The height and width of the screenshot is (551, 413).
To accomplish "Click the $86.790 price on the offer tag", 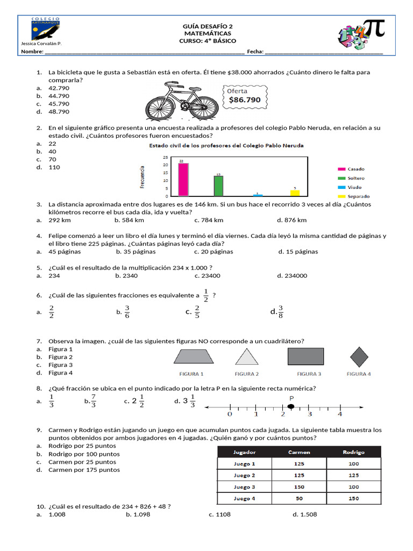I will [x=245, y=100].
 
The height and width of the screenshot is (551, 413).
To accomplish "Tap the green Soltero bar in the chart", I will [x=218, y=186].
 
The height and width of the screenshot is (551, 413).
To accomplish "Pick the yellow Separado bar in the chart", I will [x=295, y=193].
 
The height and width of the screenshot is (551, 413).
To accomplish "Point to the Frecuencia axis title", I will [x=143, y=177].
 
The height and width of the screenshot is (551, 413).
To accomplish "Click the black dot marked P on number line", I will [x=290, y=407].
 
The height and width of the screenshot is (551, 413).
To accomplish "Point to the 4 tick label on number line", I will [x=339, y=414].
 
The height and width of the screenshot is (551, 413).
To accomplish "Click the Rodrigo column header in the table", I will [x=353, y=452].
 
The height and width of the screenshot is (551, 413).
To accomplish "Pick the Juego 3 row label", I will [x=245, y=487].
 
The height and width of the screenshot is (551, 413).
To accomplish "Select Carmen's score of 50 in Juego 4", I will [x=299, y=498].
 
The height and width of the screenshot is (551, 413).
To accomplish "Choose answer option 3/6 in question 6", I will [x=127, y=311].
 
